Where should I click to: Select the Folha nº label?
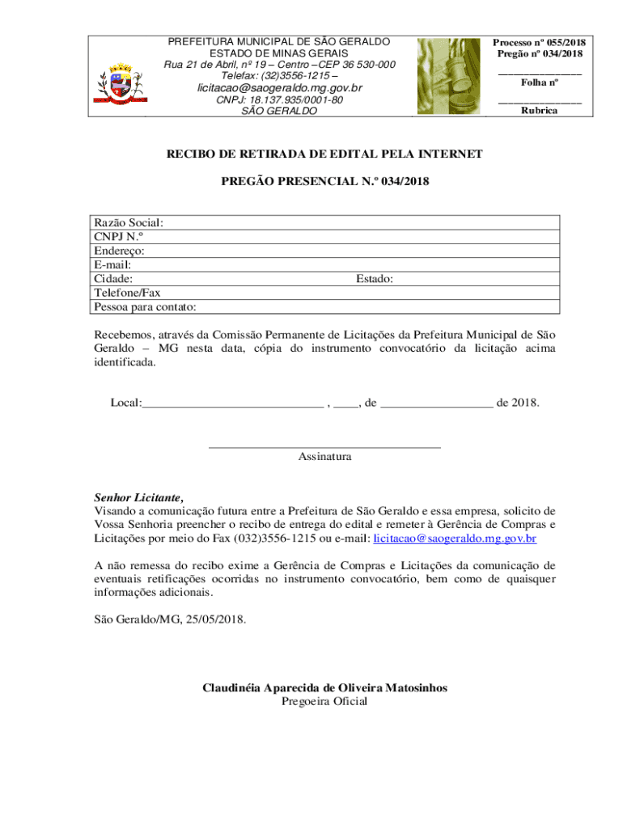point(540,82)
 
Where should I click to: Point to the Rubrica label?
point(539,111)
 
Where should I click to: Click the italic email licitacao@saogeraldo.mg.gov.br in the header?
point(280,87)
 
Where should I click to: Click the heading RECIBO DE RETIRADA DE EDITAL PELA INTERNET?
point(324,154)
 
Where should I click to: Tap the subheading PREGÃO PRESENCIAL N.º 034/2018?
point(324,183)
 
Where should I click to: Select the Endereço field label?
point(119,251)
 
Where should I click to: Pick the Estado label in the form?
point(375,279)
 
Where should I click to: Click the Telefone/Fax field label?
point(127,293)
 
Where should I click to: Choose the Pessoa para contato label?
point(145,307)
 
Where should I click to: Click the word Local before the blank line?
point(125,403)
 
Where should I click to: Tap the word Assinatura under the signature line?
point(324,457)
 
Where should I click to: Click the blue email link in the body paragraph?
point(455,538)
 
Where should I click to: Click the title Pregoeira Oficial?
point(324,701)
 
